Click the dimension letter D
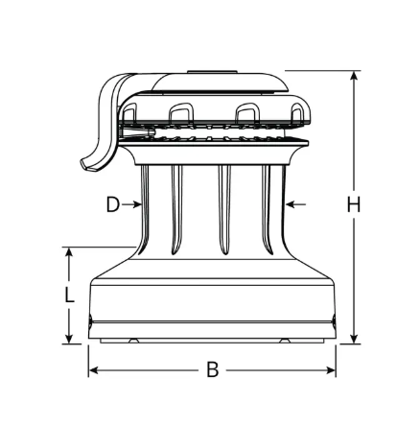[x=112, y=204]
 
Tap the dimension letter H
[x=354, y=204]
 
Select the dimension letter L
[x=68, y=296]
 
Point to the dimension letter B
[x=213, y=369]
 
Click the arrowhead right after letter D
[x=136, y=204]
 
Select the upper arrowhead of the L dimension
[x=68, y=253]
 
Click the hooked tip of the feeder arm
[x=87, y=165]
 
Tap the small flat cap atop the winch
[x=213, y=72]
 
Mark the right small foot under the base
[x=285, y=341]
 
